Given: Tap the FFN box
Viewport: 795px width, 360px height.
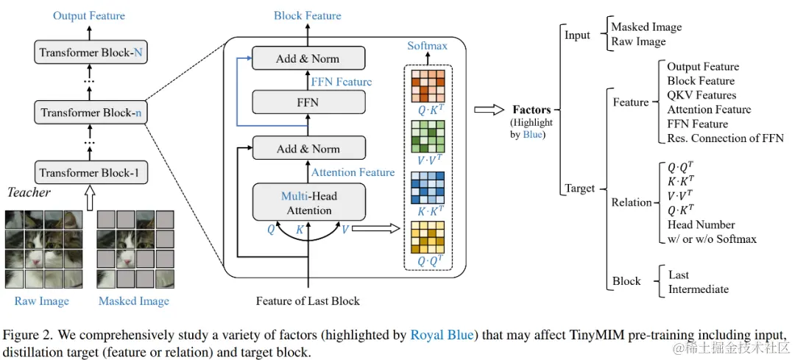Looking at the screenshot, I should (x=308, y=102).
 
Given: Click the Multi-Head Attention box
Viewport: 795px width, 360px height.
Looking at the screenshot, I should (x=308, y=202).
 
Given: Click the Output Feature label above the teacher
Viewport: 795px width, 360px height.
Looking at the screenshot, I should (x=89, y=15).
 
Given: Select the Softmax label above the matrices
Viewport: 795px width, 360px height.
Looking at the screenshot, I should (x=427, y=46).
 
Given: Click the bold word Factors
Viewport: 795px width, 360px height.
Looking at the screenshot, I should (x=532, y=109).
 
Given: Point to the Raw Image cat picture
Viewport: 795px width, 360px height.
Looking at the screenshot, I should (x=41, y=248).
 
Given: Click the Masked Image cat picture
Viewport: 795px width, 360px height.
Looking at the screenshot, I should (x=134, y=248).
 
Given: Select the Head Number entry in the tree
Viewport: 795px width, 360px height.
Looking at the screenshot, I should (x=701, y=225).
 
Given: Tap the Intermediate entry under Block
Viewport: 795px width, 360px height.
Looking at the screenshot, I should (x=699, y=289).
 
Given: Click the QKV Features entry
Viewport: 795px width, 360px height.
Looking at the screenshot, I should (x=702, y=95).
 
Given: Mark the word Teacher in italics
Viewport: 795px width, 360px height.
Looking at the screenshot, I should (x=29, y=193).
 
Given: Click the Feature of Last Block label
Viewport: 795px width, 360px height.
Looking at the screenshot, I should (x=308, y=300).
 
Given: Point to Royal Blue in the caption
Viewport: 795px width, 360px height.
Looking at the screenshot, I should (x=442, y=336).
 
